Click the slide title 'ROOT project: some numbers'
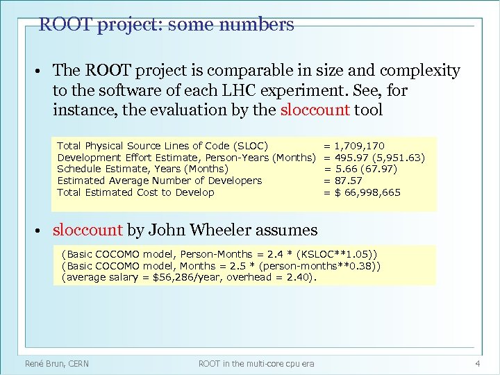coord(166,25)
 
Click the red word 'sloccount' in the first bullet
coord(315,110)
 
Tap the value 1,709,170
coord(359,146)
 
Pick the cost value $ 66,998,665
coord(367,192)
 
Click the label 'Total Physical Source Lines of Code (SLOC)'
coord(162,146)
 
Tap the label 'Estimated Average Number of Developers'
coord(159,181)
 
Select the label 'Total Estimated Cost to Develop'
coord(135,192)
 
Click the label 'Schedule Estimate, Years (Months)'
coord(142,169)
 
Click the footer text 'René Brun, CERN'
coord(57,363)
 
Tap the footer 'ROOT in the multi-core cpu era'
coord(256,363)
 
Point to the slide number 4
coord(478,363)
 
